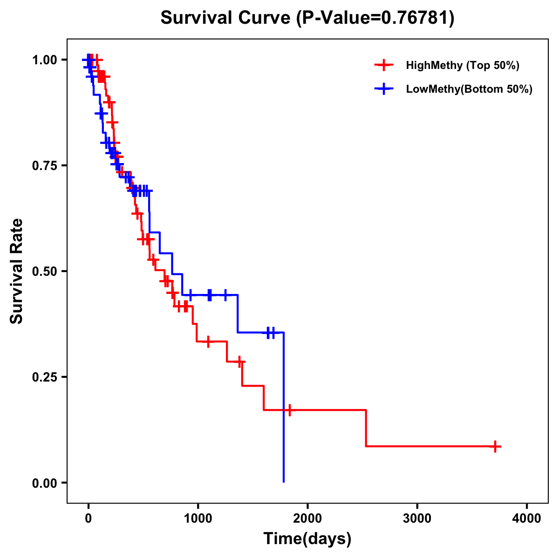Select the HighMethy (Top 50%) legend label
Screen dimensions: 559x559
pos(462,65)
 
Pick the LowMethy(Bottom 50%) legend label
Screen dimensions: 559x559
pos(469,89)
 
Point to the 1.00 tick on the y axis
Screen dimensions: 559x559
pos(44,60)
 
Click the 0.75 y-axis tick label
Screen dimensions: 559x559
pos(44,165)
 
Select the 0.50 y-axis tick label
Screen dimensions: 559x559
pos(44,271)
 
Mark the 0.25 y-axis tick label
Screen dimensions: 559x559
pos(44,377)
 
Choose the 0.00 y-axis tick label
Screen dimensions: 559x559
pos(44,483)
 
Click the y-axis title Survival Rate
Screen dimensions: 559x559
pos(17,271)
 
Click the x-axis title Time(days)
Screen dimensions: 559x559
pos(307,539)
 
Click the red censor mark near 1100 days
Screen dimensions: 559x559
pos(208,341)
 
